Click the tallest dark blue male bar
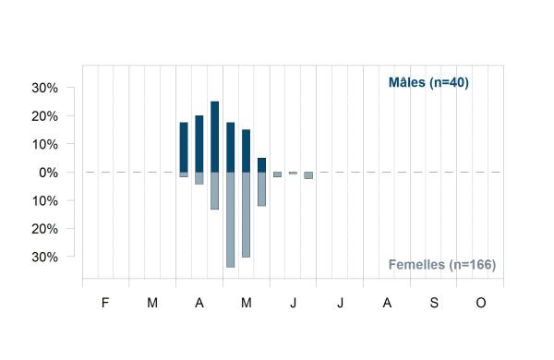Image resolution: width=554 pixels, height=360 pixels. point(214,137)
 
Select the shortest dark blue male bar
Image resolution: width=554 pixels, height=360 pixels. point(261,165)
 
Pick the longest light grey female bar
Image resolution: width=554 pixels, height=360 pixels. point(230,220)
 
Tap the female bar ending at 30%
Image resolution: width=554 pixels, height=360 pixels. point(246,215)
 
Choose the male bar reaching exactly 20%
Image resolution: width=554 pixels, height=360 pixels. point(199,144)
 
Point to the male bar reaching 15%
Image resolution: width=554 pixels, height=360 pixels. point(246,150)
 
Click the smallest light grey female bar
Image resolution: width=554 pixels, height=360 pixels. point(293,174)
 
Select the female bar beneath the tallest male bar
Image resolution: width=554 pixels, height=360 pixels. point(214,191)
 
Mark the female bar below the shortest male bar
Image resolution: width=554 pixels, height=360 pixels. point(261,189)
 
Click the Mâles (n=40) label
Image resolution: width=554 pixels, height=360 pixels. point(428,82)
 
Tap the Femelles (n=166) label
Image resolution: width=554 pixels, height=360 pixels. point(442,265)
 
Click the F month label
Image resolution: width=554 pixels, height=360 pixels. point(105,303)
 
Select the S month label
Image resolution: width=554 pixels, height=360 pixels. point(434,303)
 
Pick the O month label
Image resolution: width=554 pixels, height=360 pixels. point(480,303)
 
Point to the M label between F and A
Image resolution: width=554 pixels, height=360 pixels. point(152,303)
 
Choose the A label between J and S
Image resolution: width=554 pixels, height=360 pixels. point(387,303)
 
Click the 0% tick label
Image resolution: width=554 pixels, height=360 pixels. point(48,173)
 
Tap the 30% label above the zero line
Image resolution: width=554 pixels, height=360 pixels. point(45,88)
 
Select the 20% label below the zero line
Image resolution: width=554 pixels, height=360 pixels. point(45,229)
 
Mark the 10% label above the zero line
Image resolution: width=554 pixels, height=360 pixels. point(45,145)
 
